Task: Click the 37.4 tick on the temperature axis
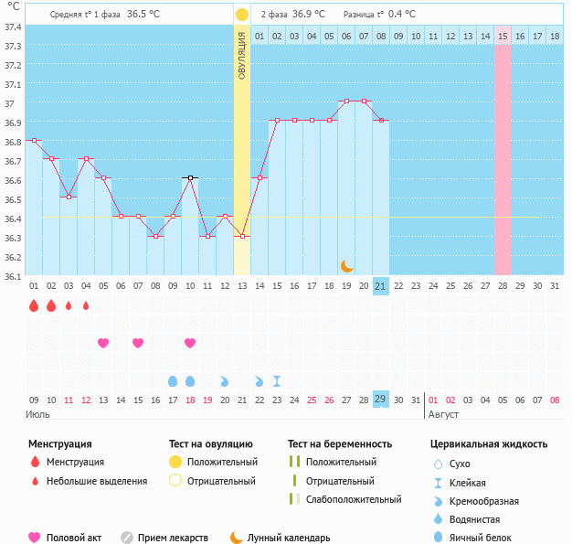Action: coord(13,27)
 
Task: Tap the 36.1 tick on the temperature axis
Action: coord(13,275)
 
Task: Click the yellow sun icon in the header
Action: coord(241,15)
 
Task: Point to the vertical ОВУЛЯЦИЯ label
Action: coord(241,55)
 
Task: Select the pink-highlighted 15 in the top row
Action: coord(503,36)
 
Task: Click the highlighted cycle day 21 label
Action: coord(381,286)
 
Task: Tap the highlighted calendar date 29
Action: coord(381,400)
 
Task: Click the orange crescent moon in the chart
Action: coord(346,265)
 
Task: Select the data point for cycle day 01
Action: coord(34,140)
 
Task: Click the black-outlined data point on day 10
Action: coord(190,178)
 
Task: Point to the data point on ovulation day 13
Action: coord(242,237)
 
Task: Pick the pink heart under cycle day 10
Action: coord(190,343)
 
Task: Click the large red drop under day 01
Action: coord(34,305)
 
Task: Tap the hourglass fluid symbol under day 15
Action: coord(277,380)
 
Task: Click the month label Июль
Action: coord(37,414)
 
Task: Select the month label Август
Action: coord(444,414)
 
